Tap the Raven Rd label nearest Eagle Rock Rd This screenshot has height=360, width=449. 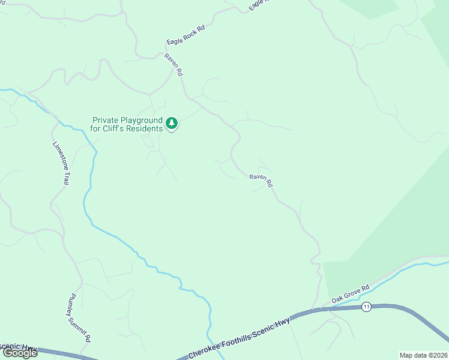[x=173, y=64]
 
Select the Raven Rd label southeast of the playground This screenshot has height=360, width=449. [x=261, y=180]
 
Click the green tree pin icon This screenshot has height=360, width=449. [x=172, y=123]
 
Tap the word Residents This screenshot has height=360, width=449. [x=145, y=128]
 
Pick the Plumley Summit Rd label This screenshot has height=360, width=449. [x=78, y=318]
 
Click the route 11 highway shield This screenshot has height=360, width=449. [x=366, y=307]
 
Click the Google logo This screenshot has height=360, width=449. [x=20, y=353]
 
